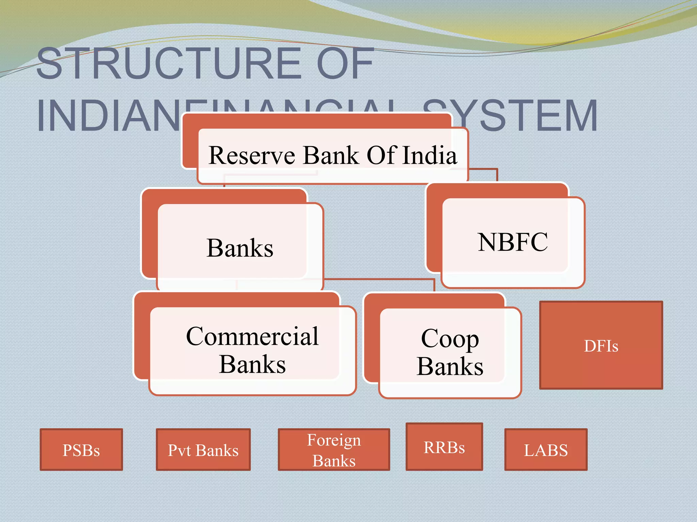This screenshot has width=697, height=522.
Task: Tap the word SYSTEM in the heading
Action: click(x=510, y=116)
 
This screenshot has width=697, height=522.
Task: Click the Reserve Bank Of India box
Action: click(x=333, y=156)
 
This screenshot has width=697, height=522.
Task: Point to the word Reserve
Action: click(x=252, y=156)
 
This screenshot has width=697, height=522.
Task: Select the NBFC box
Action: click(x=513, y=242)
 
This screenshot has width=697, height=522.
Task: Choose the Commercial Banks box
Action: click(x=252, y=350)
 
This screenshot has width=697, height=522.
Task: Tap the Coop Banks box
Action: click(x=450, y=352)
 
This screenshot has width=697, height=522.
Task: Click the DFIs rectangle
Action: click(x=601, y=345)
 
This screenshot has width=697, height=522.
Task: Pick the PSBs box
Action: click(x=81, y=450)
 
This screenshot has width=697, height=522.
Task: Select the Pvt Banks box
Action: click(x=203, y=450)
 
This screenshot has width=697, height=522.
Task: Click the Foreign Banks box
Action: click(x=334, y=450)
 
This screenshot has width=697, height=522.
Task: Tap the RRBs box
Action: click(x=444, y=447)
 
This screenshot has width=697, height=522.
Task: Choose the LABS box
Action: click(x=546, y=450)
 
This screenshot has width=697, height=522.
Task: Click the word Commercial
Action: click(x=252, y=336)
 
